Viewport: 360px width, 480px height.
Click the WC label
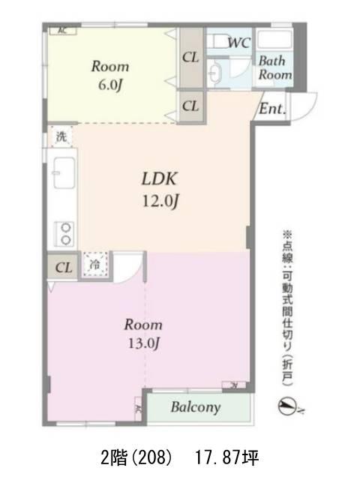[239, 42]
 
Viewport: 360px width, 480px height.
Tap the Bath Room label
[274, 67]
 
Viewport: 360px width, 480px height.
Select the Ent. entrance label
[272, 108]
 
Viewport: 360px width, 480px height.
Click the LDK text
[159, 178]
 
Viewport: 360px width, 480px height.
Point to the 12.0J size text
[160, 202]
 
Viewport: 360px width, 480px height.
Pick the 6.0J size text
[110, 85]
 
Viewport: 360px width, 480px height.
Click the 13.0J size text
[143, 343]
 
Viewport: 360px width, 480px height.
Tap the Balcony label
[196, 407]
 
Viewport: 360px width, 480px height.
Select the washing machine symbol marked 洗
[61, 136]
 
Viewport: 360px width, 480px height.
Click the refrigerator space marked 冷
[95, 264]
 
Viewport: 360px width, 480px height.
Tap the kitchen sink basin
[64, 172]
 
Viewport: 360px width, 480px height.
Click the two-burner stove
[64, 233]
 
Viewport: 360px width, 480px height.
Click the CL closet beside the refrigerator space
[63, 267]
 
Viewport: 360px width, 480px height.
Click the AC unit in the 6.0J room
[63, 31]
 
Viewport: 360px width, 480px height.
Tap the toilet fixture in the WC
[218, 42]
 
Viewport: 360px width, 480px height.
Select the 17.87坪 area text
[226, 457]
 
